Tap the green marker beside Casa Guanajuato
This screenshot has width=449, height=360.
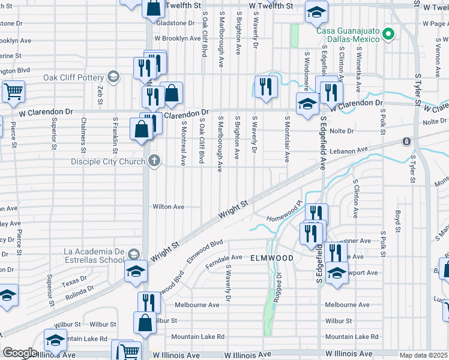[x=388, y=34]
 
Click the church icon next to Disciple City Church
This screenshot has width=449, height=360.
[x=154, y=161]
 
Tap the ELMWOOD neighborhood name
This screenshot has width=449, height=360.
[x=272, y=258]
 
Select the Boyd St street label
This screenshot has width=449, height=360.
[x=397, y=220]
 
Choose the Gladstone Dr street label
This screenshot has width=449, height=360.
[x=172, y=23]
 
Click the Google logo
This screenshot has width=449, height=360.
[x=20, y=352]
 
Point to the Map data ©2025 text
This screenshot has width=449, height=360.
[x=424, y=355]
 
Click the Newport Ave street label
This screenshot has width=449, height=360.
[x=361, y=272]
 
